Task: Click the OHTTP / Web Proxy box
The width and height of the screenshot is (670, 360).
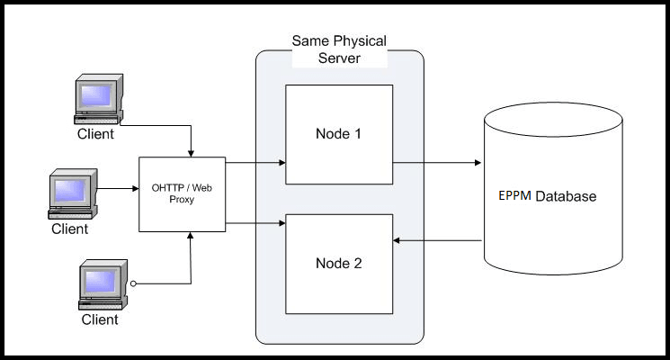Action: pyautogui.click(x=181, y=193)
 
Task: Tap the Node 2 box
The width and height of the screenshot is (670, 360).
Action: pyautogui.click(x=339, y=263)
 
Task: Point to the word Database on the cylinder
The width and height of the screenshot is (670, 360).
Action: pyautogui.click(x=566, y=195)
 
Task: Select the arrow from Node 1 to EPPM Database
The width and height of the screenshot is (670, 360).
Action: pyautogui.click(x=436, y=163)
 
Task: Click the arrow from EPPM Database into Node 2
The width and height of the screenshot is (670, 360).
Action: pyautogui.click(x=436, y=240)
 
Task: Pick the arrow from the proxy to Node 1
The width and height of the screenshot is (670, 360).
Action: pyautogui.click(x=255, y=163)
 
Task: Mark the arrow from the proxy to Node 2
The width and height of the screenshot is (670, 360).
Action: pyautogui.click(x=255, y=222)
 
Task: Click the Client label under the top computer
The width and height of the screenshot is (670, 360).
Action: pyautogui.click(x=95, y=135)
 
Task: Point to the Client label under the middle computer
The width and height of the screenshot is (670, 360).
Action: pyautogui.click(x=69, y=229)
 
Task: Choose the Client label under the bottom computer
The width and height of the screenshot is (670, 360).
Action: pyautogui.click(x=100, y=319)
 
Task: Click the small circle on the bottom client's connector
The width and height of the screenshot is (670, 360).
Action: pyautogui.click(x=133, y=283)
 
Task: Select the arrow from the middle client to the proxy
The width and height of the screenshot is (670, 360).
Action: pyautogui.click(x=117, y=189)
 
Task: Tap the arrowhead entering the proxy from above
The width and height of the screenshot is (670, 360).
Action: pyautogui.click(x=191, y=151)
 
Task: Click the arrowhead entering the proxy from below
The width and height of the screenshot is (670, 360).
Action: pyautogui.click(x=191, y=236)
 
